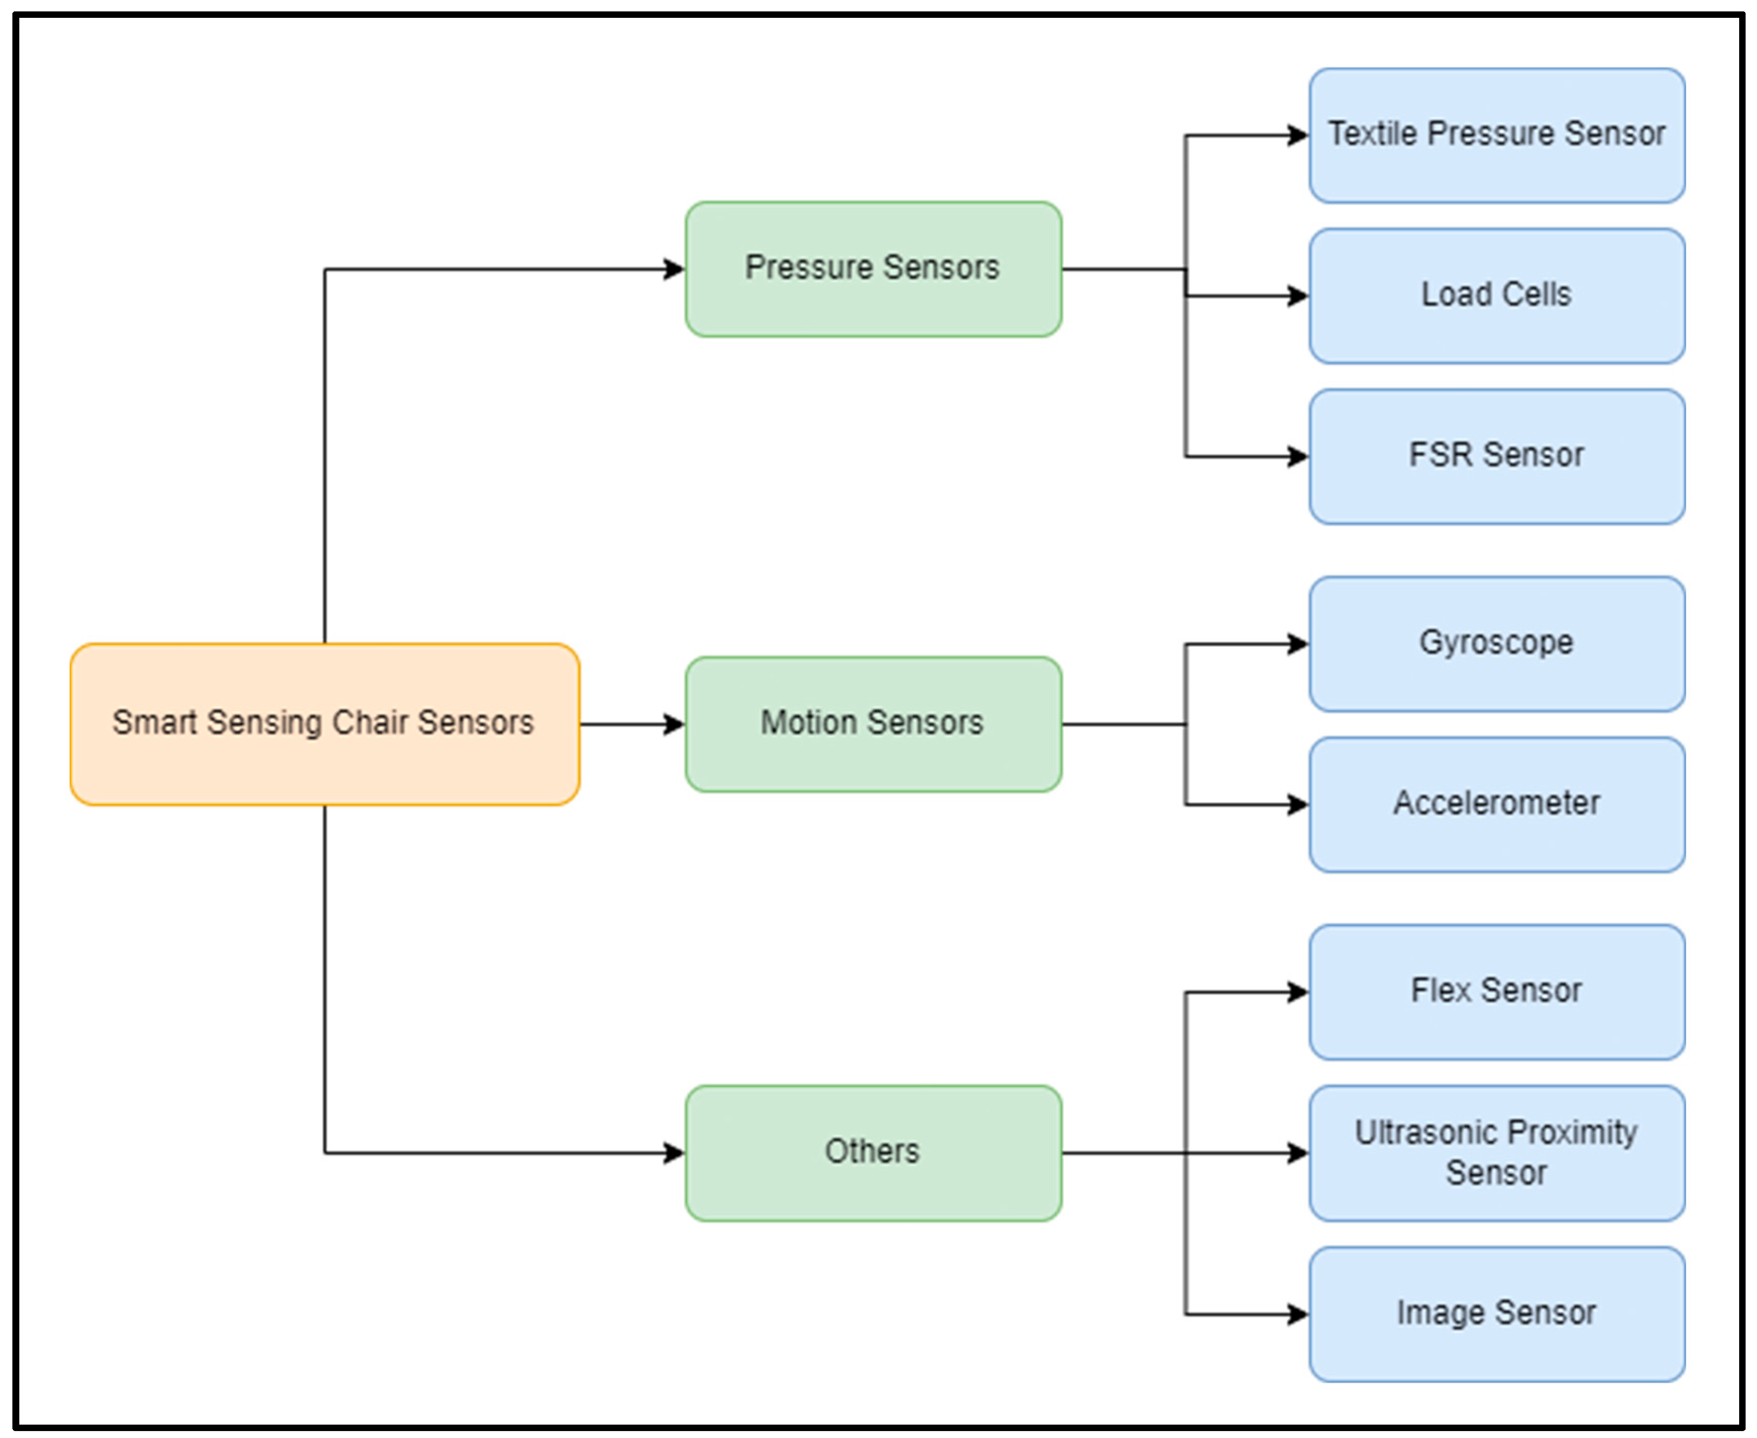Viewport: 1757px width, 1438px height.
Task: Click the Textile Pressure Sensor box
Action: click(x=1496, y=135)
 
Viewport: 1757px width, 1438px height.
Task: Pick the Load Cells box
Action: click(x=1496, y=296)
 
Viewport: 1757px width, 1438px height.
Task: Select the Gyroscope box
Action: click(x=1496, y=644)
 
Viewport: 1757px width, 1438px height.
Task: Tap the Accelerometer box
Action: click(x=1496, y=804)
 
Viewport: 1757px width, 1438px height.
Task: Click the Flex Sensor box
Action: click(x=1496, y=992)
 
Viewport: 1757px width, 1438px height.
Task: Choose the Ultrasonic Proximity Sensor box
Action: click(x=1496, y=1152)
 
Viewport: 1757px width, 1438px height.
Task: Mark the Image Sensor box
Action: click(x=1496, y=1314)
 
